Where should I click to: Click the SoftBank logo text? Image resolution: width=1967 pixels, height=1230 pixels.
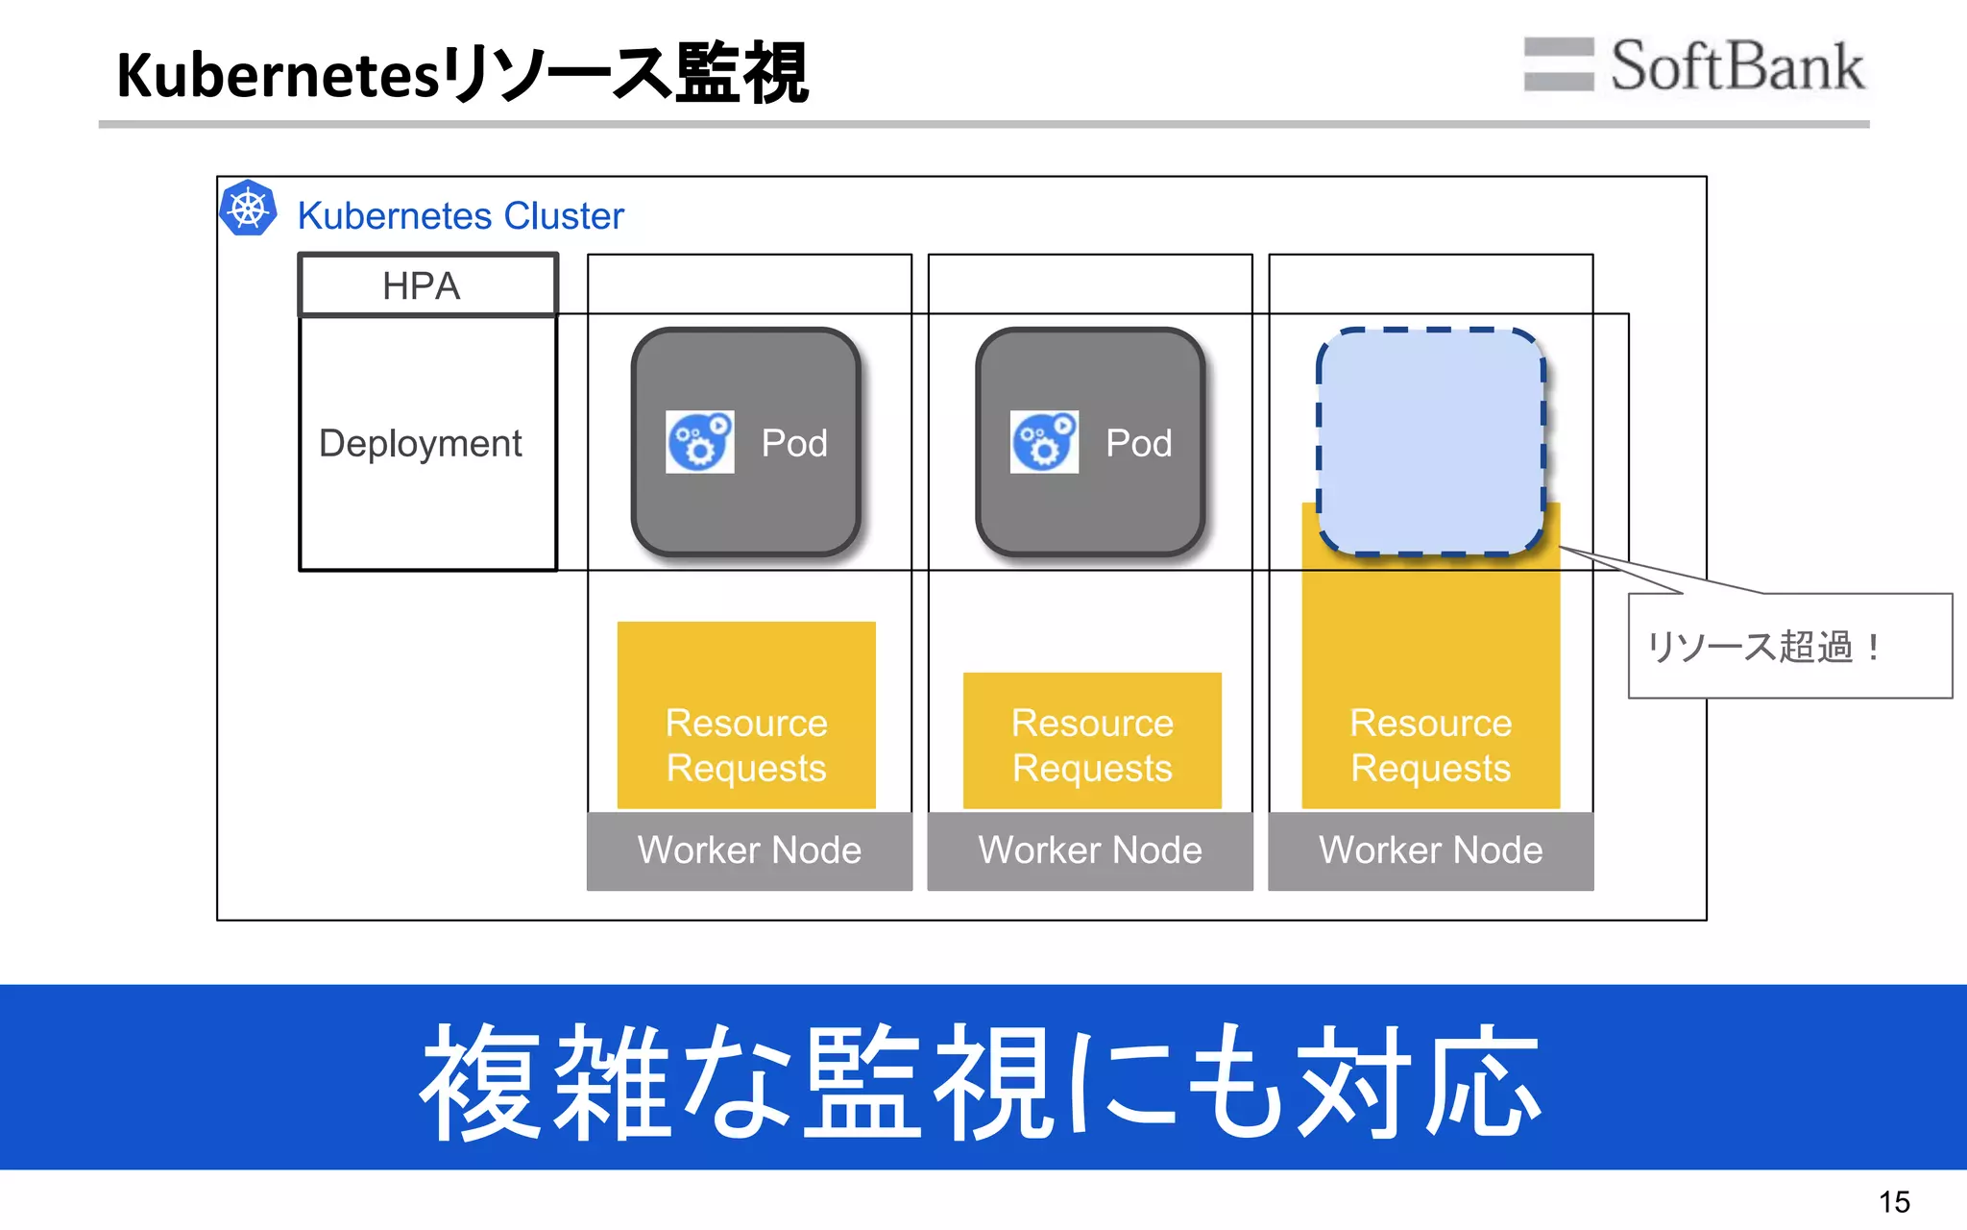pos(1736,66)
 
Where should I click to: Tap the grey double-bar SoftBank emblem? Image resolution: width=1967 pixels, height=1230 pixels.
pos(1558,64)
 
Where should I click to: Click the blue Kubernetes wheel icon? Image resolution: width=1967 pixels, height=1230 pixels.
pos(248,209)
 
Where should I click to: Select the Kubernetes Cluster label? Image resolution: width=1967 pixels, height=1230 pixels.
pos(460,216)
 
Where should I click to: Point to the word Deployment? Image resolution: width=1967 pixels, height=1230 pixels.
pos(420,444)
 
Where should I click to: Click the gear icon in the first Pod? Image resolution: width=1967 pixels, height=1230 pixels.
pos(699,442)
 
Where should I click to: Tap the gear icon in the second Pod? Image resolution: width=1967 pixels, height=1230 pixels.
pos(1044,442)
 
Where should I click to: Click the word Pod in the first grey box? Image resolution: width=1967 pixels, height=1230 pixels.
pos(794,444)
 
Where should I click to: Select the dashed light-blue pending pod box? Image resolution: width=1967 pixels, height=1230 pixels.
pos(1431,442)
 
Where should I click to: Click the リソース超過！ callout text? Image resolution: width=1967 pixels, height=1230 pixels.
pos(1764,647)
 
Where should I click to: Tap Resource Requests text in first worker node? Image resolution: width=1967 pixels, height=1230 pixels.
pos(746,745)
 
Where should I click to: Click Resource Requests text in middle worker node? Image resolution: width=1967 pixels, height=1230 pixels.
pos(1092,745)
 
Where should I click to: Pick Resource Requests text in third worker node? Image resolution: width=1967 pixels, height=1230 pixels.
pos(1430,745)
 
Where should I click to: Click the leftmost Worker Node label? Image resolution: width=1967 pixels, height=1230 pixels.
pos(749,850)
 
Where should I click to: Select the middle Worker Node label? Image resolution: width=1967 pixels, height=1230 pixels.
pos(1090,850)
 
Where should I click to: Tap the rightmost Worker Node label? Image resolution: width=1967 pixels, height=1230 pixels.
pos(1430,850)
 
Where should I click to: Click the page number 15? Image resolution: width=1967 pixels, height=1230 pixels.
pos(1894,1202)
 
